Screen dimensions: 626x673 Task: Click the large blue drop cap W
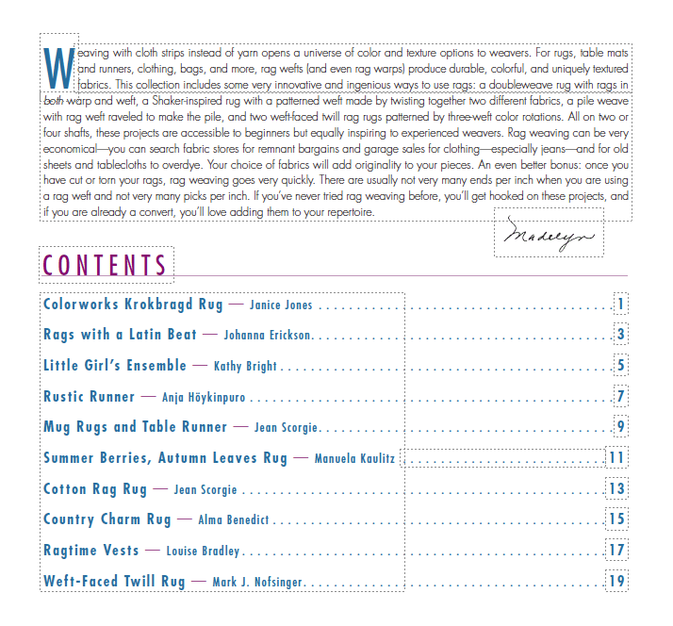[58, 63]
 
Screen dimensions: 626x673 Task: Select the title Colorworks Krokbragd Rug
[133, 305]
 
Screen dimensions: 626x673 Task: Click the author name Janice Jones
[281, 305]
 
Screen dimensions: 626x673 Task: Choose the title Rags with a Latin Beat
[120, 335]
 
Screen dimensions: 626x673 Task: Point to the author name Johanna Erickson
[268, 336]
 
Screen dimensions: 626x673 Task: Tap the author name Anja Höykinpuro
[205, 398]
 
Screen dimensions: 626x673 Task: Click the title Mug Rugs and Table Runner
[135, 427]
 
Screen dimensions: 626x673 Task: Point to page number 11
[617, 458]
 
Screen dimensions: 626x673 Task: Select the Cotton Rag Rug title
[95, 489]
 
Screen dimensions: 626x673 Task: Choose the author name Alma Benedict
[234, 520]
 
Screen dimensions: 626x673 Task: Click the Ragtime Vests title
[90, 551]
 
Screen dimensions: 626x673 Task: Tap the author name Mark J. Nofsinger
[257, 583]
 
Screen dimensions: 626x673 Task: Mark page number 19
[617, 581]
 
